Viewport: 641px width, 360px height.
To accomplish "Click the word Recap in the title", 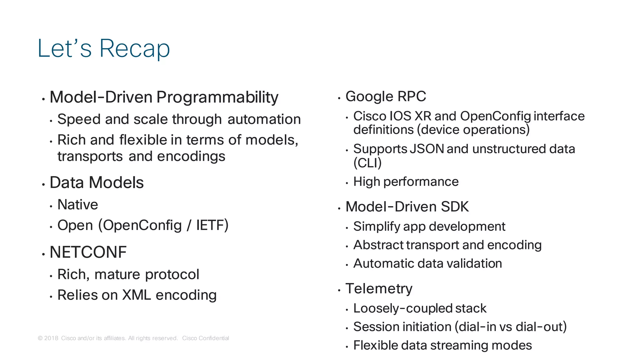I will (x=135, y=49).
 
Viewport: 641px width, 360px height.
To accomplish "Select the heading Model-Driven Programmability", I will (x=164, y=97).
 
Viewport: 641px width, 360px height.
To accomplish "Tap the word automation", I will (x=264, y=119).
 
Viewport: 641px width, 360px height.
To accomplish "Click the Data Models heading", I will (x=96, y=182).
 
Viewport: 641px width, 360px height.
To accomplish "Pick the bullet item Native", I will (x=78, y=205).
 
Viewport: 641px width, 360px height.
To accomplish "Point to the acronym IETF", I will (x=212, y=225).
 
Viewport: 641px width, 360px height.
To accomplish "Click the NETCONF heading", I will (x=88, y=252).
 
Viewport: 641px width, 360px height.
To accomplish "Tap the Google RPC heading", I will (x=386, y=96).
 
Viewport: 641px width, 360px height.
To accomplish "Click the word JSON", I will (x=427, y=149).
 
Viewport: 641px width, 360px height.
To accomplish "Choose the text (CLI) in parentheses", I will (x=367, y=163).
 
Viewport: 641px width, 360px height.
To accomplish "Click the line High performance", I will (x=406, y=182).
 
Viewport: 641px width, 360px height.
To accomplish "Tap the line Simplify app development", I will (x=429, y=226).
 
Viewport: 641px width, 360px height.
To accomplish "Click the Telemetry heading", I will (x=379, y=288).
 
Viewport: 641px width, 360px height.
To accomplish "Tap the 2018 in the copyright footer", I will (x=51, y=338).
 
